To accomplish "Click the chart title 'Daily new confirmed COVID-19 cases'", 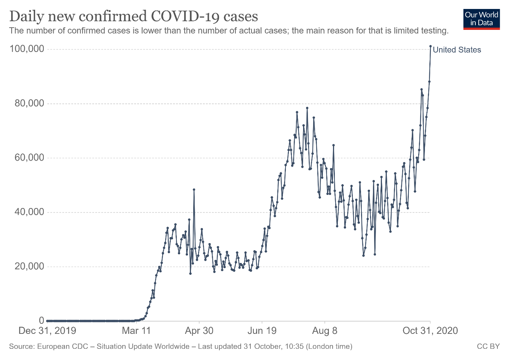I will click(x=133, y=16).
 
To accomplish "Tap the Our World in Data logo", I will click(x=481, y=19).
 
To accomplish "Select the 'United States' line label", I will click(x=457, y=50).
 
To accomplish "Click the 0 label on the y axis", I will click(x=41, y=320).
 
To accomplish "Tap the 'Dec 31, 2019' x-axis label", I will click(x=47, y=331).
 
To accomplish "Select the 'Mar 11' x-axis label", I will click(x=136, y=331).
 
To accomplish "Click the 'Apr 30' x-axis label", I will click(x=199, y=331).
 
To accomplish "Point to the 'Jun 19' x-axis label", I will click(x=262, y=331).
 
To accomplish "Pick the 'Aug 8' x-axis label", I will click(x=324, y=331).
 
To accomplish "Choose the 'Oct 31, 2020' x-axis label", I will click(x=430, y=331).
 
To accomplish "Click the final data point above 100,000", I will click(x=431, y=46).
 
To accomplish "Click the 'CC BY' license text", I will click(x=488, y=347).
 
